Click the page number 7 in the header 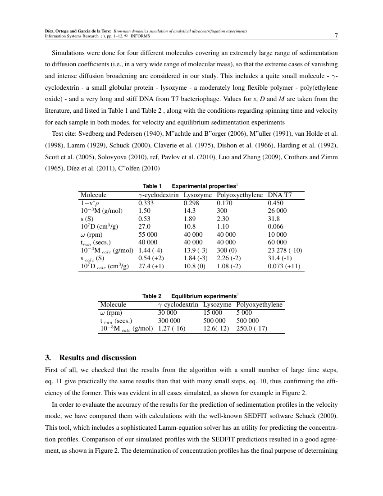(336, 36)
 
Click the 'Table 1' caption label (152, 186)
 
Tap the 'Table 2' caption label (152, 296)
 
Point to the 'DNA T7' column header (279, 195)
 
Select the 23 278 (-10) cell (285, 250)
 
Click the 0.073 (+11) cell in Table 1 (284, 266)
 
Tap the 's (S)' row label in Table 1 (87, 219)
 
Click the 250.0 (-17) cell (251, 328)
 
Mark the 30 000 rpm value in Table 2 (167, 312)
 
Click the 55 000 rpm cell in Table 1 (148, 234)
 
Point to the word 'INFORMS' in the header (140, 36)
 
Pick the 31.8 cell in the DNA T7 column (274, 219)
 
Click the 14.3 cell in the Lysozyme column (189, 211)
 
